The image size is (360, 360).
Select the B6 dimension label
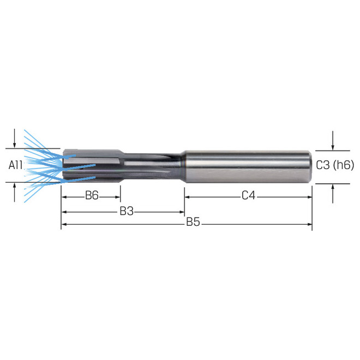[92, 196]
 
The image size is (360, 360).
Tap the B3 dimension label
[127, 211]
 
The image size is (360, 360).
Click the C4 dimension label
[249, 196]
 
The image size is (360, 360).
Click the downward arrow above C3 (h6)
[333, 143]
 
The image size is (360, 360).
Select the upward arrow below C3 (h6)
[333, 190]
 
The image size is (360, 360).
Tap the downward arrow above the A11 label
[15, 140]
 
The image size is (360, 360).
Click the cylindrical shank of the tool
[245, 165]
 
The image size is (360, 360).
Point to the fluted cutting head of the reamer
[90, 165]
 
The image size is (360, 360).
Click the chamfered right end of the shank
[310, 166]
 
